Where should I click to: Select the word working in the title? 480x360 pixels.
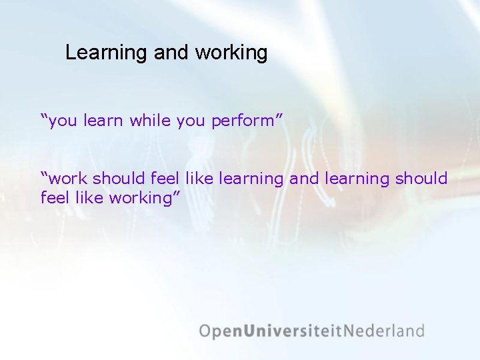point(231,53)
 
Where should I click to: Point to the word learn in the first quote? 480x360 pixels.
point(104,121)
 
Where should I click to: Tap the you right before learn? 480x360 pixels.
point(63,121)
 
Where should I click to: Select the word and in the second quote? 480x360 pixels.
point(303,179)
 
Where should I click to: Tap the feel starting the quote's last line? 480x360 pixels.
point(53,198)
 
